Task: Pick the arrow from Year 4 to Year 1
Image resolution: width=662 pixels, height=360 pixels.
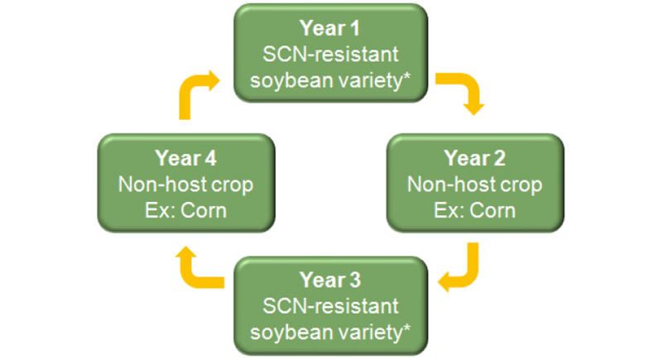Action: pyautogui.click(x=196, y=90)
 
